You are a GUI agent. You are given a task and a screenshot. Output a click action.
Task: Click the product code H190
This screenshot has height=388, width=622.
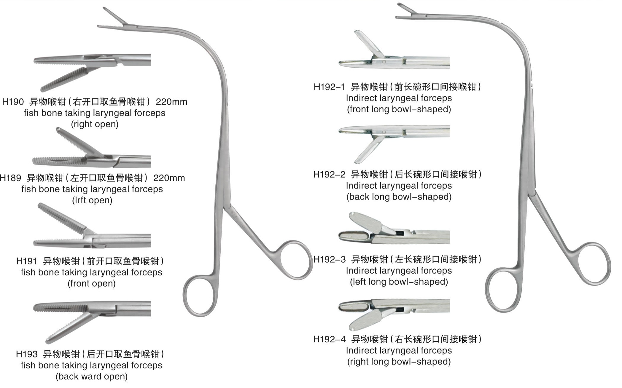tap(13, 102)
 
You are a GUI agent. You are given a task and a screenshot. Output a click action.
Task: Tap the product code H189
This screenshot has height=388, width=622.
tap(11, 178)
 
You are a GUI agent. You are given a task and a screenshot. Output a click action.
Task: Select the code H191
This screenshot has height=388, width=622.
tap(27, 261)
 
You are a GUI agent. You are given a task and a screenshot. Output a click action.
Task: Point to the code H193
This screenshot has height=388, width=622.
tap(27, 354)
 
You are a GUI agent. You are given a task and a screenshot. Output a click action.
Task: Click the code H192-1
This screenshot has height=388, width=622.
tap(329, 87)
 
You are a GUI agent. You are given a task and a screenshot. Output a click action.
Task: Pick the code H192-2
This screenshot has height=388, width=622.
tap(329, 174)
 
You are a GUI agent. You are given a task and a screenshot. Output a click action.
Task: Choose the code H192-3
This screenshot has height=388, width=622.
tap(329, 260)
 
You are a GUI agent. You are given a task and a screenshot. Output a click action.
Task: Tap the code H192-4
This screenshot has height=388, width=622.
tap(329, 339)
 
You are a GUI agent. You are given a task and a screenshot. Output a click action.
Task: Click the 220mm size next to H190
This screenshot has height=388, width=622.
tap(171, 102)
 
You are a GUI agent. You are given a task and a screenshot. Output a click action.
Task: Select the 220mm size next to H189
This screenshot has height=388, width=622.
tap(169, 178)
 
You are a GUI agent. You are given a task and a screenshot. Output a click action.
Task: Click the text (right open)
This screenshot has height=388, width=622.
tap(95, 124)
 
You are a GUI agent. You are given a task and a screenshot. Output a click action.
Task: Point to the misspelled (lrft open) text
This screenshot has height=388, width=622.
tap(92, 200)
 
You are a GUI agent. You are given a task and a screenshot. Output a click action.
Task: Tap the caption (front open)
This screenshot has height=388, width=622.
tap(92, 284)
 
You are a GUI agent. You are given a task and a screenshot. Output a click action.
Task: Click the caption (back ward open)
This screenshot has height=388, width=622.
tap(92, 377)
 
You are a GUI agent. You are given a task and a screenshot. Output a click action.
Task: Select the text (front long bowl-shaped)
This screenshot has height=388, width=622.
tap(399, 109)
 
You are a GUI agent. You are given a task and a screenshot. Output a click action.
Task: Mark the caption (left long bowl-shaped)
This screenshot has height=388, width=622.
tap(399, 282)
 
